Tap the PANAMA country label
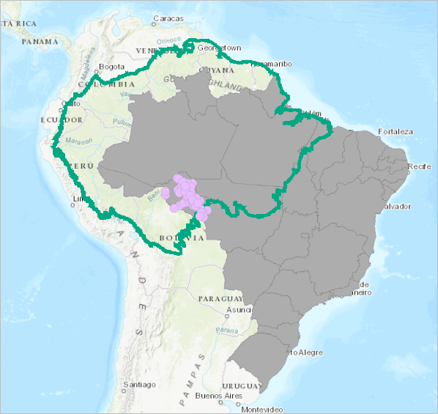click(40, 41)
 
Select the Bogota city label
click(112, 67)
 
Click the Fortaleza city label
click(396, 132)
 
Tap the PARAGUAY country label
click(219, 299)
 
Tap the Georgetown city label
click(218, 48)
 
